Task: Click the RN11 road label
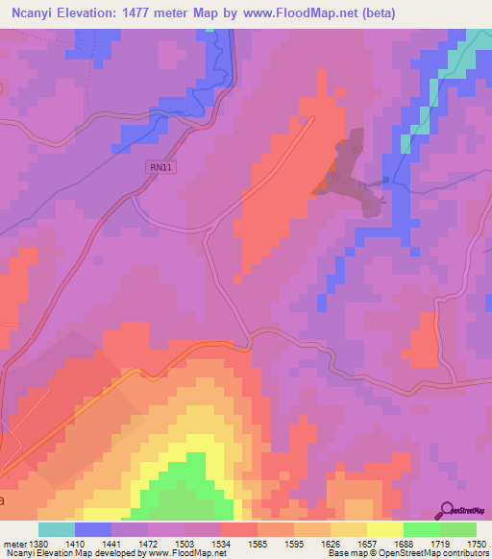click(160, 167)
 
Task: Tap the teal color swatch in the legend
click(56, 529)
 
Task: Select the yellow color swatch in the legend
click(384, 529)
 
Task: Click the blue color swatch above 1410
click(93, 529)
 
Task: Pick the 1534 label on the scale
click(201, 543)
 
